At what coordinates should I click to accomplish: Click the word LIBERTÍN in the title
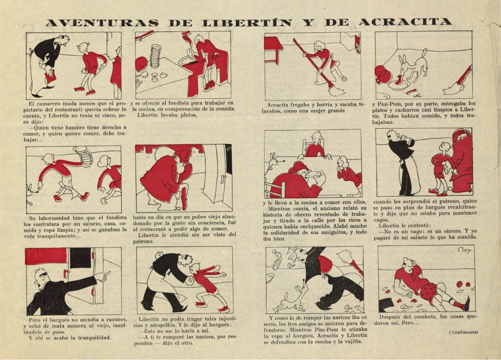[247, 22]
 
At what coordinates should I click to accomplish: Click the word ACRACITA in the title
[405, 22]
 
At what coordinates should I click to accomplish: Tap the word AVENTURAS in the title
[102, 23]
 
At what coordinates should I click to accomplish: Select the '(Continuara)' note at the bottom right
[464, 332]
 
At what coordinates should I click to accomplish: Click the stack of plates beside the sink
[156, 56]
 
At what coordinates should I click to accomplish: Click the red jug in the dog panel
[383, 75]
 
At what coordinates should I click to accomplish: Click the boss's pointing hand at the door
[103, 276]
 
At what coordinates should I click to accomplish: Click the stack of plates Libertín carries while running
[83, 156]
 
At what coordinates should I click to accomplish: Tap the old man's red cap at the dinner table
[300, 166]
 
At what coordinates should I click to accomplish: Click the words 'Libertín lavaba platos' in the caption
[167, 114]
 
